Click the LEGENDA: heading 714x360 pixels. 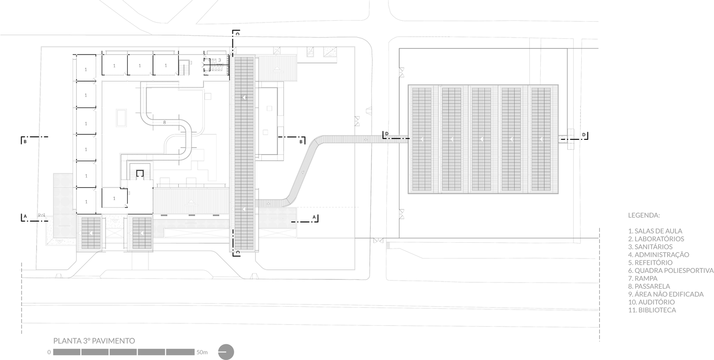(x=644, y=215)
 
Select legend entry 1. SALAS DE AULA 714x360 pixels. (x=655, y=231)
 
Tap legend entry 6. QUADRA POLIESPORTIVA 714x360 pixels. (x=671, y=271)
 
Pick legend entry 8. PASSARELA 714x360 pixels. (x=649, y=286)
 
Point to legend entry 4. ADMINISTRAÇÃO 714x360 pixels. (x=658, y=255)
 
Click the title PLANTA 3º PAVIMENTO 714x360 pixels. (x=94, y=341)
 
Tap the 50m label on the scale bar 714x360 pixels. (x=202, y=352)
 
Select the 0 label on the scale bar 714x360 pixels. (x=49, y=352)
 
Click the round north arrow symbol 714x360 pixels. (x=226, y=352)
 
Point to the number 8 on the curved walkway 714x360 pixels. (x=164, y=122)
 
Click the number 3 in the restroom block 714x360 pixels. (x=219, y=60)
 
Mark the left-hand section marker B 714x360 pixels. (x=25, y=142)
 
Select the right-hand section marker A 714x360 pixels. (x=314, y=217)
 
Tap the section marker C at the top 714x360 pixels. (x=238, y=33)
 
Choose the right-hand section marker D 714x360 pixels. (x=584, y=135)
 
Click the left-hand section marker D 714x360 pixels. (x=387, y=134)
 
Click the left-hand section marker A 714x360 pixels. (x=25, y=217)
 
